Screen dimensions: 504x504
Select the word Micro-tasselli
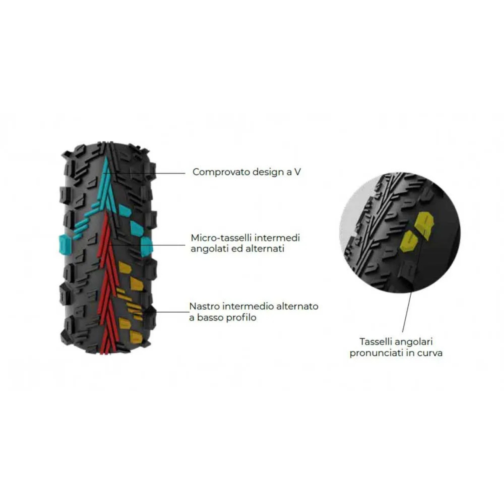(221, 238)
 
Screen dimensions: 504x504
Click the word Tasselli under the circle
(375, 341)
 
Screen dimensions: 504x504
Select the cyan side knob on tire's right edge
(146, 247)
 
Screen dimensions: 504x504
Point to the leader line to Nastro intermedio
(161, 312)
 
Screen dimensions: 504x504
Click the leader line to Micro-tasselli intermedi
(148, 245)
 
